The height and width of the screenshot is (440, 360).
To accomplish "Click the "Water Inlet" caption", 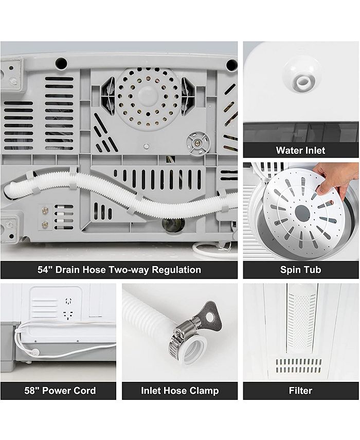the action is [x=300, y=150].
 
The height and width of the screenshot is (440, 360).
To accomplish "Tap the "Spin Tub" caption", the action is [x=300, y=270].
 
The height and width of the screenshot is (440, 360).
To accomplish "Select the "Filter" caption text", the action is [x=300, y=391].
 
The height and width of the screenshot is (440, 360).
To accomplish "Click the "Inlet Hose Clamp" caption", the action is [x=179, y=391].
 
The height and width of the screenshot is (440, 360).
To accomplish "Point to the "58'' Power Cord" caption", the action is [x=60, y=391].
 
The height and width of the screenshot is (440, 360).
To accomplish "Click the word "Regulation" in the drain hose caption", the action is [x=176, y=270].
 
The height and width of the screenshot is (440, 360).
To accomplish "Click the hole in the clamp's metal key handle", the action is [x=210, y=317].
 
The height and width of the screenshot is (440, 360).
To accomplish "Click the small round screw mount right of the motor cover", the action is [x=198, y=143].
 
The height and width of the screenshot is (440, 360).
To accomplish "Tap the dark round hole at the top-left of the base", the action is [x=61, y=63].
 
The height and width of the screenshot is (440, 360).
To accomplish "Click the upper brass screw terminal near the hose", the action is [x=45, y=210].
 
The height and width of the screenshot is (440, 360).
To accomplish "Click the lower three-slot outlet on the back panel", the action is [x=68, y=314].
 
